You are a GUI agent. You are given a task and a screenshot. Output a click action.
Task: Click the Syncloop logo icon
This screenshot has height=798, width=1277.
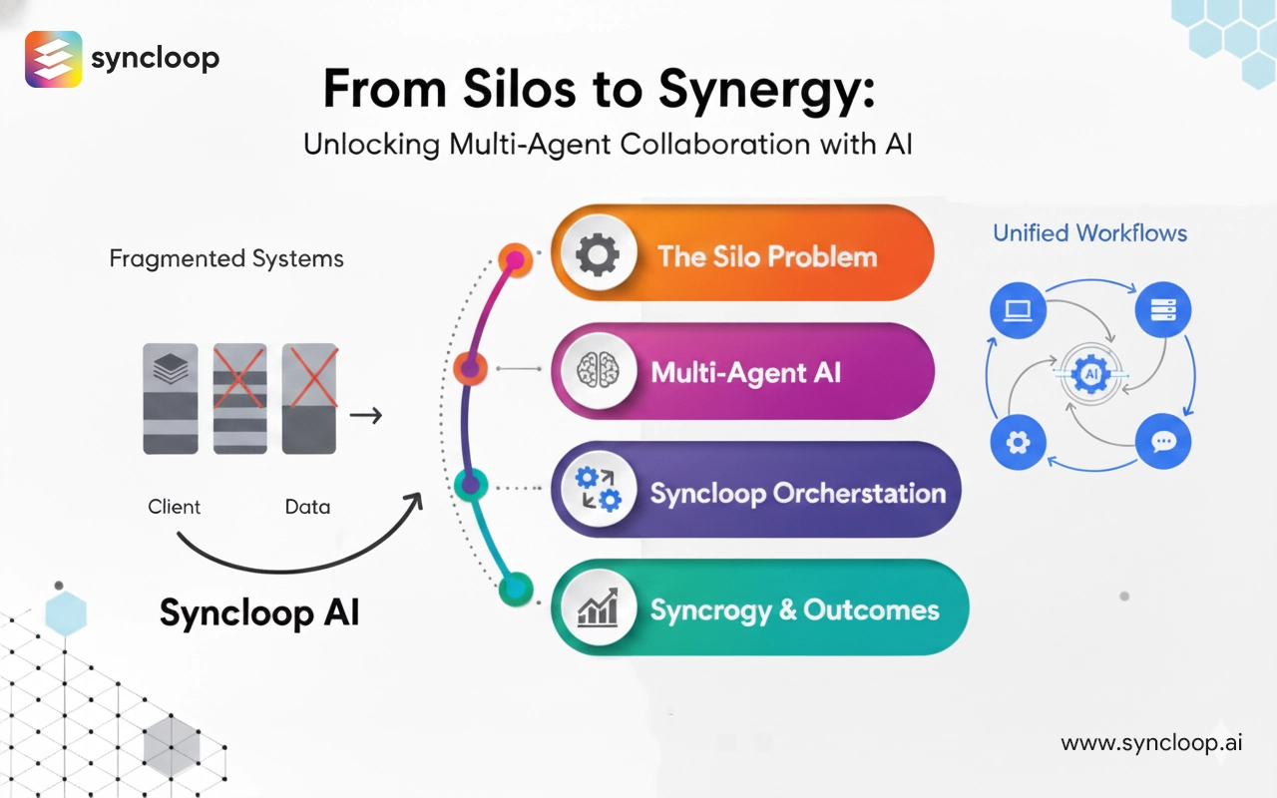pos(53,59)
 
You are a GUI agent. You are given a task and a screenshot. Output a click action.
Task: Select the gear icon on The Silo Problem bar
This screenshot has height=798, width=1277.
pos(597,254)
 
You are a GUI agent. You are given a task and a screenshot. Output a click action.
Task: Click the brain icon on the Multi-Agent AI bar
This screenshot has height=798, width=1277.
pos(597,372)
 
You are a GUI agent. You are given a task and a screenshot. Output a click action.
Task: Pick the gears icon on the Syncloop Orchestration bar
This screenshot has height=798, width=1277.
pos(597,490)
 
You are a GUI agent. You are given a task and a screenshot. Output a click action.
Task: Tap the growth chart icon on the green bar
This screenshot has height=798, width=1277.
pos(597,607)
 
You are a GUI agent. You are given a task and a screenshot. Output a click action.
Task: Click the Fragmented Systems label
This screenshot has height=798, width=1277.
pos(226,259)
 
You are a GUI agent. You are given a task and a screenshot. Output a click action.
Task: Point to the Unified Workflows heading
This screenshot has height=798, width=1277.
pos(1089,233)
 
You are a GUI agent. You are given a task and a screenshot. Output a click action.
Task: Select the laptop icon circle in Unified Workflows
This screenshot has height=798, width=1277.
pos(1017,310)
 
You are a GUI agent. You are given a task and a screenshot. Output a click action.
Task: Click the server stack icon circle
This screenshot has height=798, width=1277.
pos(1163,310)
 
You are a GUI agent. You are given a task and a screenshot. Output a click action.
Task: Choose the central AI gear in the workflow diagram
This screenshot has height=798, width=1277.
pos(1089,376)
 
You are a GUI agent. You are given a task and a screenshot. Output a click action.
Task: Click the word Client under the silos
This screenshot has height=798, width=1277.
pos(175,507)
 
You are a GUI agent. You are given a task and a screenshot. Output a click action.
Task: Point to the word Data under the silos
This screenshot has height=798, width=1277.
pos(307,507)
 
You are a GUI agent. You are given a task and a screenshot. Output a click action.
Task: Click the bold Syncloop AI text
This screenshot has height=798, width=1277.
pos(259,611)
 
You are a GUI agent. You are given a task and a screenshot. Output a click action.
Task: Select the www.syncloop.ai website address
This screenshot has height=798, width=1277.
pos(1151,743)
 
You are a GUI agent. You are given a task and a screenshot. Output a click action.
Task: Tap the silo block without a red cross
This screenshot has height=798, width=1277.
pos(170,399)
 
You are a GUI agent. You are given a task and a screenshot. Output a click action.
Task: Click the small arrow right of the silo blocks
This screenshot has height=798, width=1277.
pos(366,414)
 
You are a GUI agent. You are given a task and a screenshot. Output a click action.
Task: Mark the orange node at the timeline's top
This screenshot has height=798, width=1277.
pos(515,260)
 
